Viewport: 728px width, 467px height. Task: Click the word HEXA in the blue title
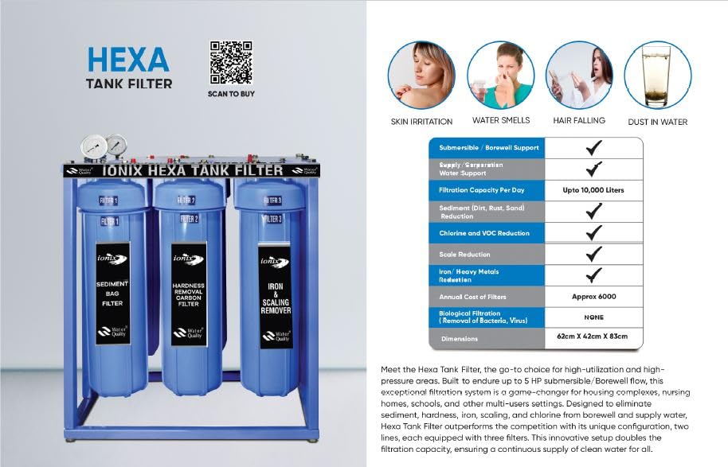(x=128, y=60)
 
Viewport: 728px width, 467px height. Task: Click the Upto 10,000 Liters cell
(x=593, y=190)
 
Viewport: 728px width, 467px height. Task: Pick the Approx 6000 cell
(x=593, y=297)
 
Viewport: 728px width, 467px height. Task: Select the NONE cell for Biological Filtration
(x=593, y=317)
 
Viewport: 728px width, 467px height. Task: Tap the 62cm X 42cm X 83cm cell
(x=593, y=337)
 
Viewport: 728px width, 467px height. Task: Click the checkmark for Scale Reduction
(x=593, y=255)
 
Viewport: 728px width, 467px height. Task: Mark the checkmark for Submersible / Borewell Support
(x=593, y=148)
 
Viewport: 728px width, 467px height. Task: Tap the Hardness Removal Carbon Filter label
(x=189, y=294)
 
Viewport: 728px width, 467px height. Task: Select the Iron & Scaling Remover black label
(x=274, y=296)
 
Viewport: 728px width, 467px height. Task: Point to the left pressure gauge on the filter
(x=94, y=148)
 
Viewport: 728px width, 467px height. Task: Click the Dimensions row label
(x=459, y=339)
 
